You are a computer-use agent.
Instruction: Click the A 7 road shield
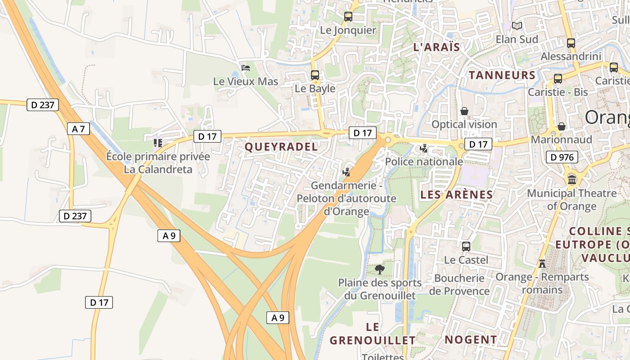click(78, 129)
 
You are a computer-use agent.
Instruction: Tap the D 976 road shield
click(562, 157)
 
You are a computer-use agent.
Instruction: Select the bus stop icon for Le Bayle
click(315, 75)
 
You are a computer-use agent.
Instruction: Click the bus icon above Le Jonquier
click(348, 17)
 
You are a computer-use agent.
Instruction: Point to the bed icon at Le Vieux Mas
click(246, 68)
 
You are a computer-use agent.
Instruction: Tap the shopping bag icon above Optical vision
click(464, 111)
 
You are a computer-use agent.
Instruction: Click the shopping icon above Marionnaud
click(561, 126)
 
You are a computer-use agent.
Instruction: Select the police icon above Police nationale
click(423, 148)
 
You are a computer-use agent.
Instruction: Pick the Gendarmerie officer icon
click(346, 171)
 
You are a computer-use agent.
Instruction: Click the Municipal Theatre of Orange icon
click(572, 180)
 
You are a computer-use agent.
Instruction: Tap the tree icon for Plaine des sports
click(380, 270)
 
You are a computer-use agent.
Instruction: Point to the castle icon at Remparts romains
click(542, 263)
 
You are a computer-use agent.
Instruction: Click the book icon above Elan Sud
click(517, 26)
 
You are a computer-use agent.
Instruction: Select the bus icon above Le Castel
click(466, 247)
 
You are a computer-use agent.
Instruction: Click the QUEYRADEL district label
click(281, 147)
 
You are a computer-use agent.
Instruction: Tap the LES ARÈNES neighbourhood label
click(456, 195)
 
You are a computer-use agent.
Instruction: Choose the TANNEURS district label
click(502, 75)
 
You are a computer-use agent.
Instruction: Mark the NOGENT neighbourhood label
click(471, 340)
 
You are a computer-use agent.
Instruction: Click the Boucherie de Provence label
click(459, 284)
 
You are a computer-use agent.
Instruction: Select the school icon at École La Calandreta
click(157, 143)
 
